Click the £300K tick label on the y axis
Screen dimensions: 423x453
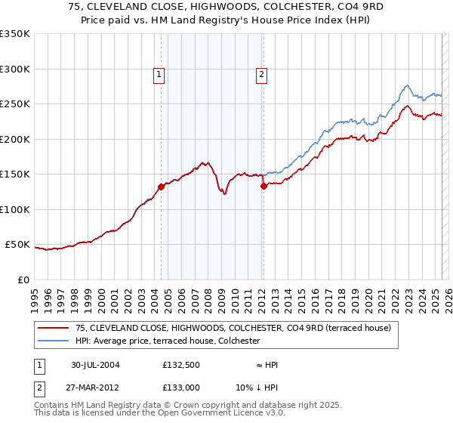[x=15, y=69]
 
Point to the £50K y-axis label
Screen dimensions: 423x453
[x=17, y=245]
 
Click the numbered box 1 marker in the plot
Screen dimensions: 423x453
[x=159, y=74]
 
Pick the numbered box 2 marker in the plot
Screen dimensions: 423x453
[x=261, y=74]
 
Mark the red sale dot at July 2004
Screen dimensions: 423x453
[x=161, y=187]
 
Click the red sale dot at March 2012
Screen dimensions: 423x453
[x=263, y=186]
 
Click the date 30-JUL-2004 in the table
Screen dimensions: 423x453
[x=95, y=365]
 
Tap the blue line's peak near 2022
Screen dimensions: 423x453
[x=406, y=85]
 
